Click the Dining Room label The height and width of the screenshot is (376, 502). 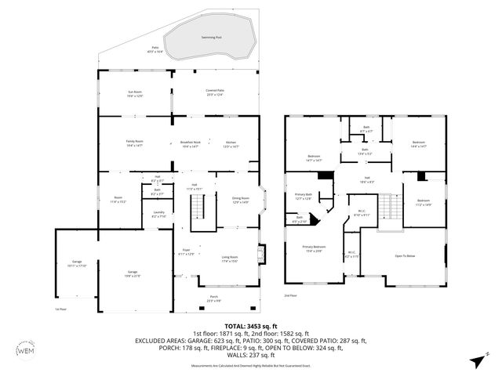click(x=240, y=200)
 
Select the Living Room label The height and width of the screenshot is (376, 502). click(x=230, y=258)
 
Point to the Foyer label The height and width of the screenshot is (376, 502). click(x=186, y=252)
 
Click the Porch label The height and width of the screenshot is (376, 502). click(x=214, y=298)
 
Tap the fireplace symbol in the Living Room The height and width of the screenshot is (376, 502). click(x=263, y=255)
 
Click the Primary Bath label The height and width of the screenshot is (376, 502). click(x=303, y=197)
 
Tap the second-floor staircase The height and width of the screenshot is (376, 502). click(x=385, y=207)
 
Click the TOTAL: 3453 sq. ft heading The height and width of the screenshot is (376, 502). click(x=251, y=325)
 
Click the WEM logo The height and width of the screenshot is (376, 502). click(x=26, y=349)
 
